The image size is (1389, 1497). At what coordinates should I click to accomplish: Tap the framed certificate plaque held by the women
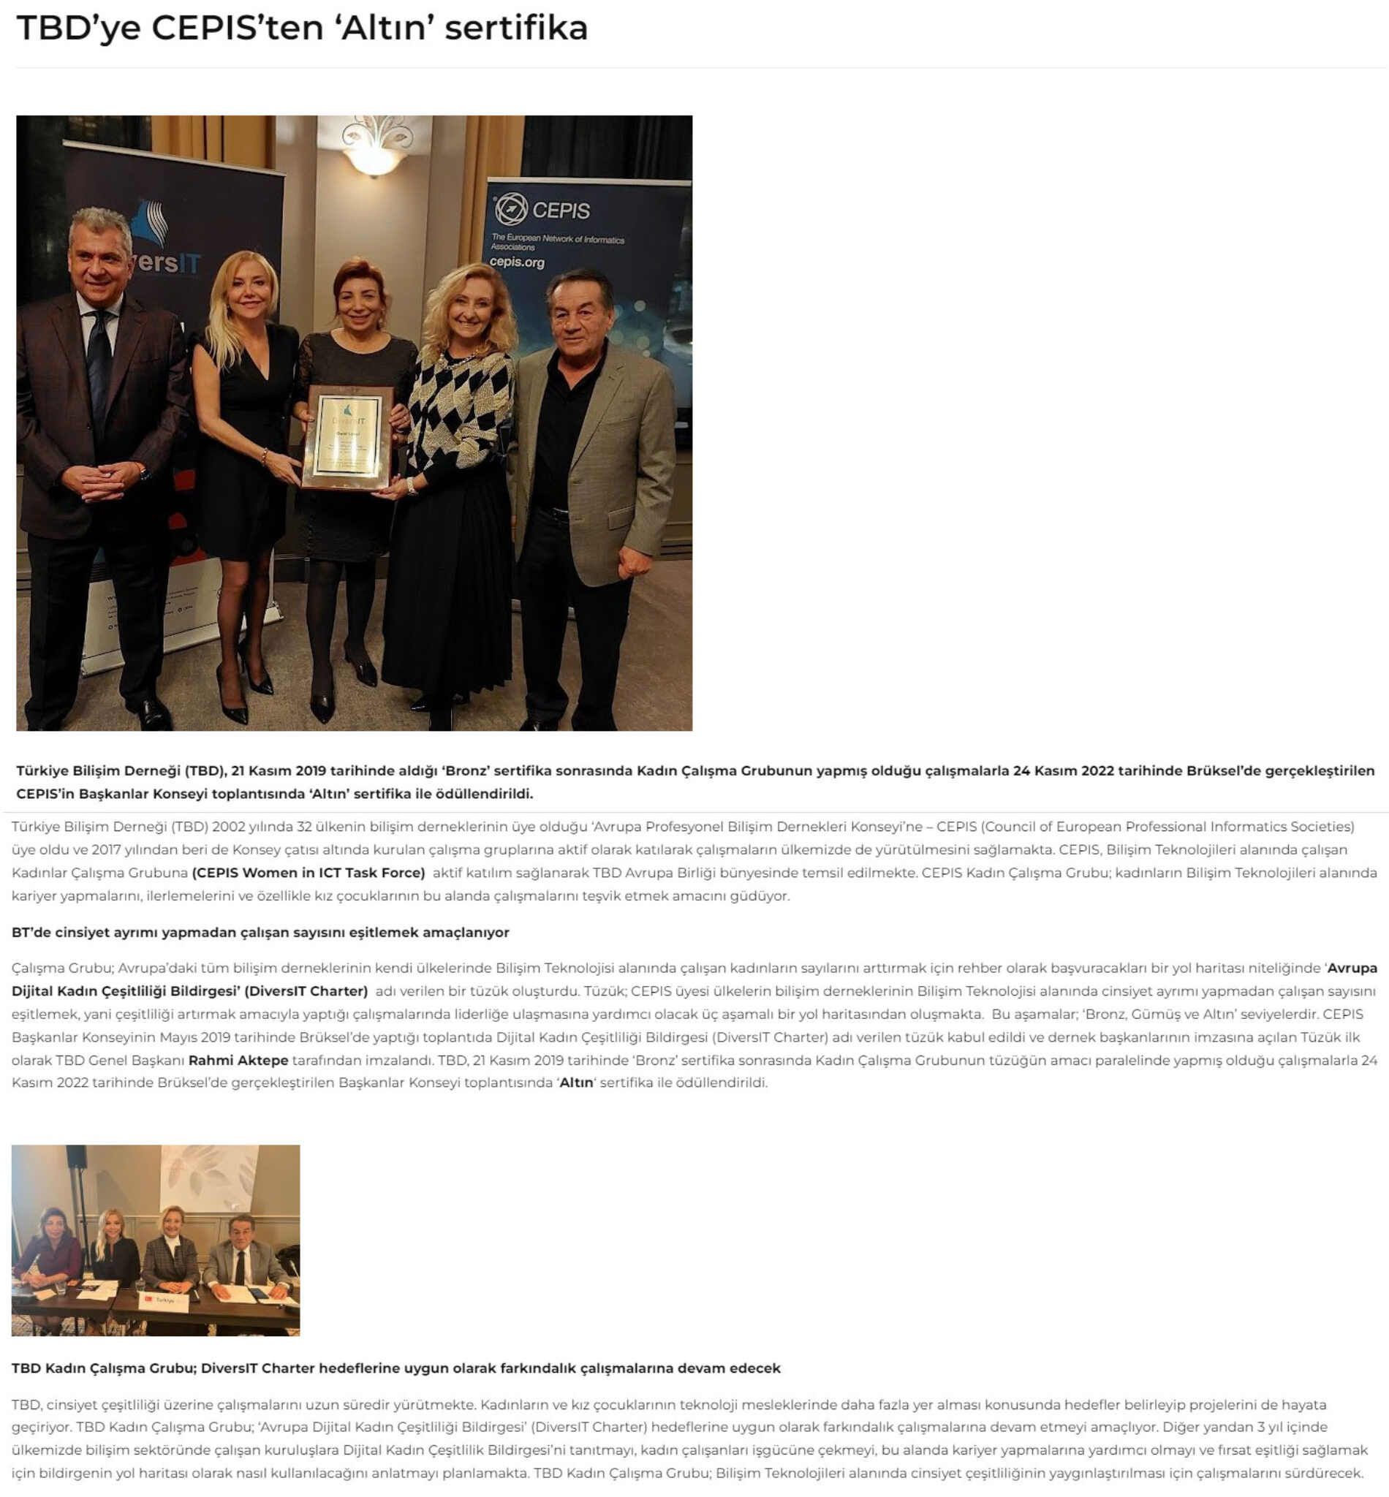point(347,438)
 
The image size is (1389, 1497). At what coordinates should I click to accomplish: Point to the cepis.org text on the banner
point(516,262)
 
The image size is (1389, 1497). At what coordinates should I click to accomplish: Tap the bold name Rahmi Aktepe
point(238,1061)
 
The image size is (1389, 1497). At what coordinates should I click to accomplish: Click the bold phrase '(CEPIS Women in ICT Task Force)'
point(309,873)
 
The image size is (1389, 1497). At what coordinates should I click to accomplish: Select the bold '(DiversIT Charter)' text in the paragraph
point(306,990)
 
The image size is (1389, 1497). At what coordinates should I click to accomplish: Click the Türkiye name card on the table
point(165,1300)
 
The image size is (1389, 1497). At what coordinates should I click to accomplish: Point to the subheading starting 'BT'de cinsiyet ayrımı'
point(260,932)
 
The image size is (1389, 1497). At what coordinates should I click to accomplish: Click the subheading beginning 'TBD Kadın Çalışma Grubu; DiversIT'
point(395,1368)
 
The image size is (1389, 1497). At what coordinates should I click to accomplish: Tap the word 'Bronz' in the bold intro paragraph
point(466,770)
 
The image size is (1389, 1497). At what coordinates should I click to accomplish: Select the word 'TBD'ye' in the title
point(78,28)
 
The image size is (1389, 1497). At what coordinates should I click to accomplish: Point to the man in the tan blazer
point(590,451)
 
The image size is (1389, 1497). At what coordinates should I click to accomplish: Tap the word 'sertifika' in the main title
point(516,28)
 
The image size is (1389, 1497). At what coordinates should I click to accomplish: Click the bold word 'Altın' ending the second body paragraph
point(576,1083)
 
